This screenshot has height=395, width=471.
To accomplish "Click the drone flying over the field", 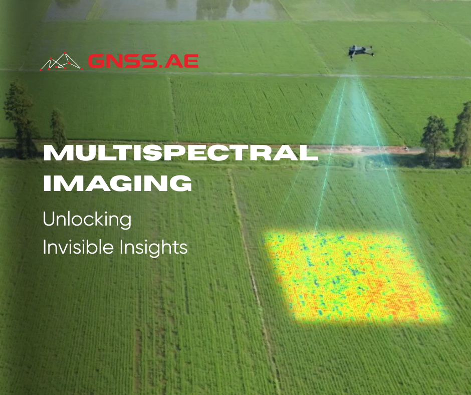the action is pyautogui.click(x=361, y=52).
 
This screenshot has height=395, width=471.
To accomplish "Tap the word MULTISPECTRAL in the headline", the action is pyautogui.click(x=181, y=153).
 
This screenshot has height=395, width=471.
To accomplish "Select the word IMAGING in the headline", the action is pyautogui.click(x=117, y=183).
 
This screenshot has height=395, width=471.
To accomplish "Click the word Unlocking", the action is pyautogui.click(x=87, y=220).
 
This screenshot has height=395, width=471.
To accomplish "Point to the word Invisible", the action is pyautogui.click(x=78, y=247).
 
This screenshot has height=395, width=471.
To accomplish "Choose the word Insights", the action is pyautogui.click(x=153, y=248).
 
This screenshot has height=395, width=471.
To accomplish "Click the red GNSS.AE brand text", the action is pyautogui.click(x=143, y=61).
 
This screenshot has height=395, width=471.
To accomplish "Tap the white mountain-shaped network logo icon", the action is pyautogui.click(x=61, y=61).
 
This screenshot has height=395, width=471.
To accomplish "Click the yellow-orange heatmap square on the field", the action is pyautogui.click(x=354, y=277).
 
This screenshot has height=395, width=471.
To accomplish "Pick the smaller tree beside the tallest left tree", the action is pyautogui.click(x=58, y=128).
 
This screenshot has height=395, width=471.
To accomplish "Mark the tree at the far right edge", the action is pyautogui.click(x=463, y=133).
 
